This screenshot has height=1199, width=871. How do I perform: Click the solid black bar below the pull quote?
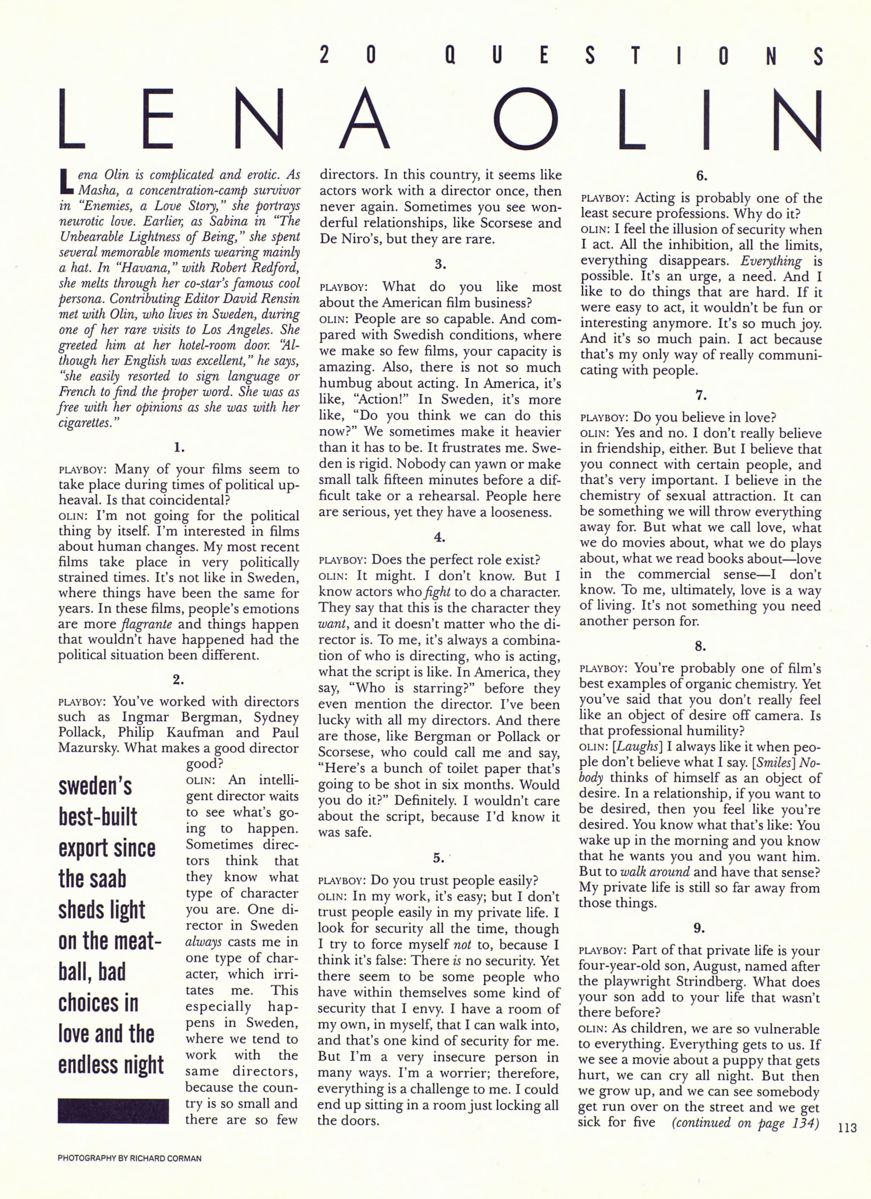[x=113, y=1111]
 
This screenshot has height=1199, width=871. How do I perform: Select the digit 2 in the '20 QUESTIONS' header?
[x=325, y=55]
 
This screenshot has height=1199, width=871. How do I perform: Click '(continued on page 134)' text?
[x=745, y=1122]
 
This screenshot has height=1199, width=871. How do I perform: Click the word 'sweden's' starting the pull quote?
[x=95, y=787]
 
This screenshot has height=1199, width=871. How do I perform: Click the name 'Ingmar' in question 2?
[x=147, y=718]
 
